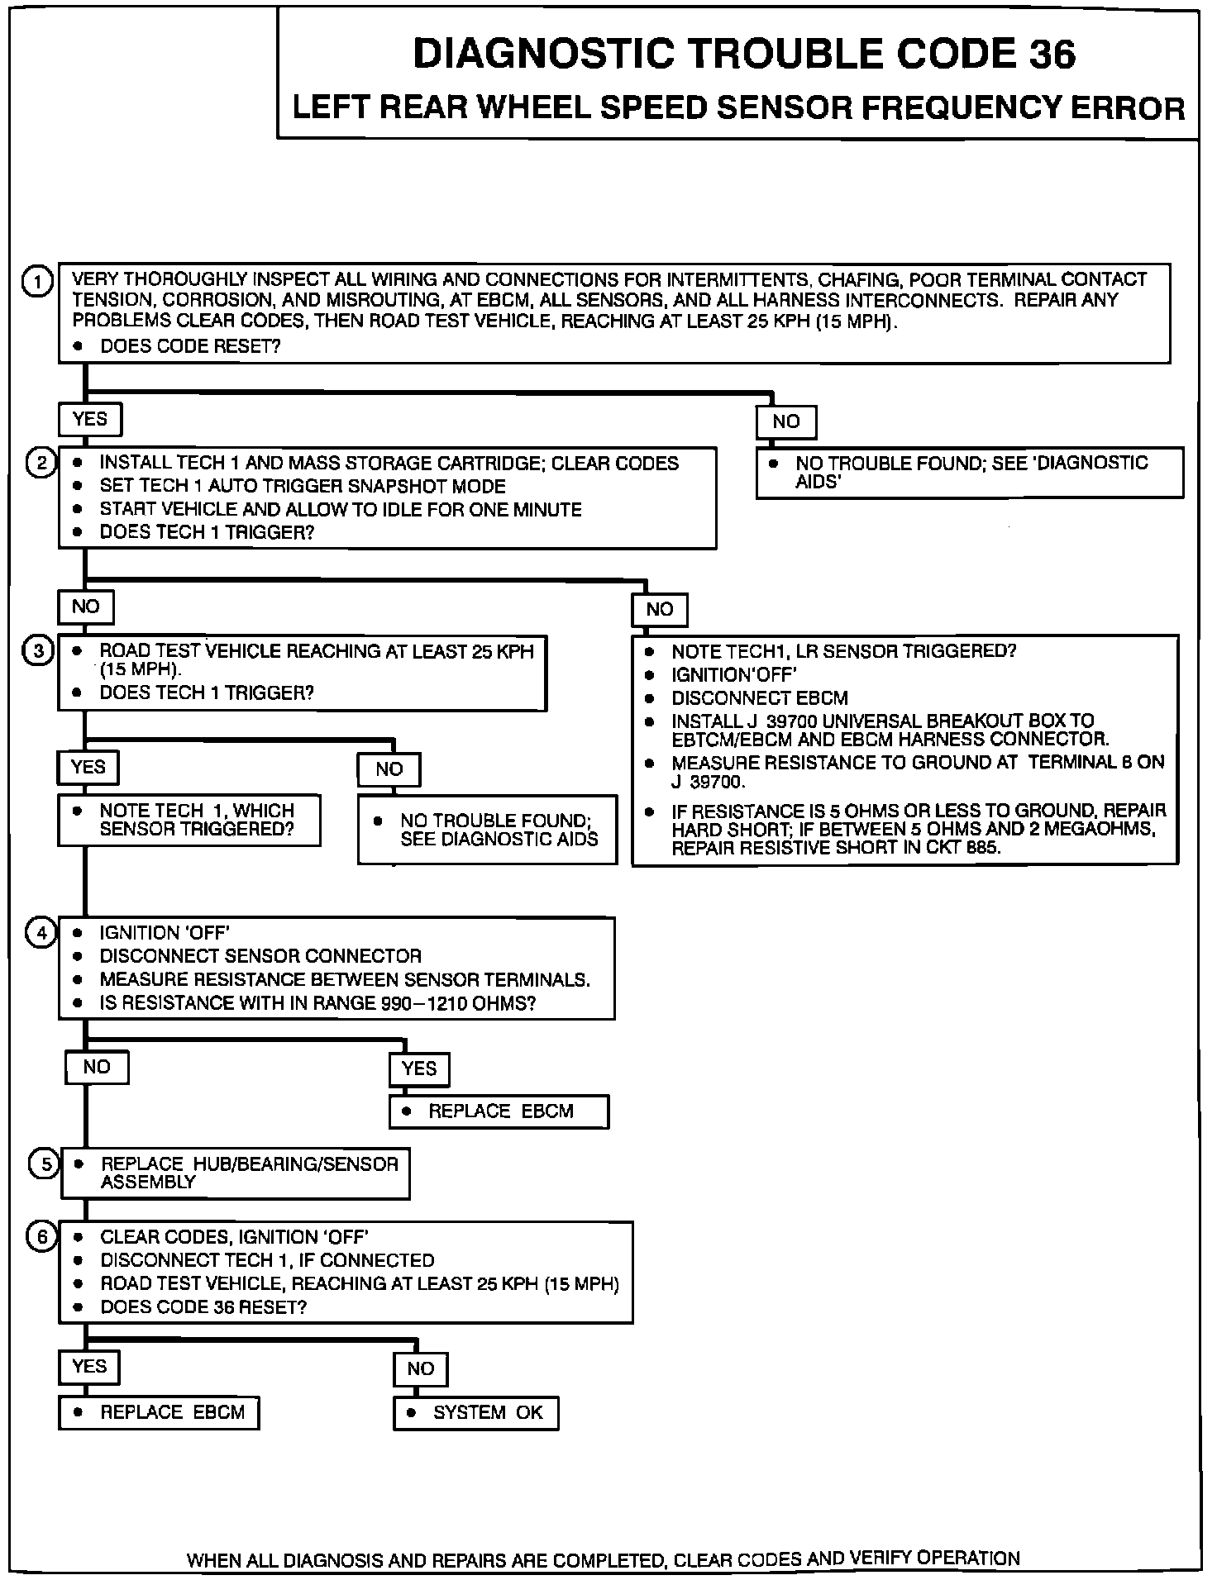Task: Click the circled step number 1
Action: coord(37,282)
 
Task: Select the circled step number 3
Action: coord(39,651)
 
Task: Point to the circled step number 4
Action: coord(41,933)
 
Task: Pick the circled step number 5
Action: coord(45,1164)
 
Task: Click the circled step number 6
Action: coord(42,1237)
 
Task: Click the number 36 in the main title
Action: coord(1052,55)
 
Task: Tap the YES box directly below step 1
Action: coord(89,419)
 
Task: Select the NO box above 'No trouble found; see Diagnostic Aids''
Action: coord(785,421)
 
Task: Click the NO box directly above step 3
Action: coord(85,607)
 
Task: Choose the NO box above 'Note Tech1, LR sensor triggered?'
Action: coord(659,610)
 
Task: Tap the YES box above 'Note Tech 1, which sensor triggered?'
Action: coord(88,768)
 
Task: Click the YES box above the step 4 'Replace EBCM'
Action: coord(419,1068)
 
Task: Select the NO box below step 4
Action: coord(97,1067)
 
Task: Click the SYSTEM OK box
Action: coord(476,1412)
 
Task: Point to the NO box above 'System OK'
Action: coord(420,1369)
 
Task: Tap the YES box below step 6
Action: coord(88,1367)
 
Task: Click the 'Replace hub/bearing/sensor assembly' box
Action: coord(236,1173)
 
